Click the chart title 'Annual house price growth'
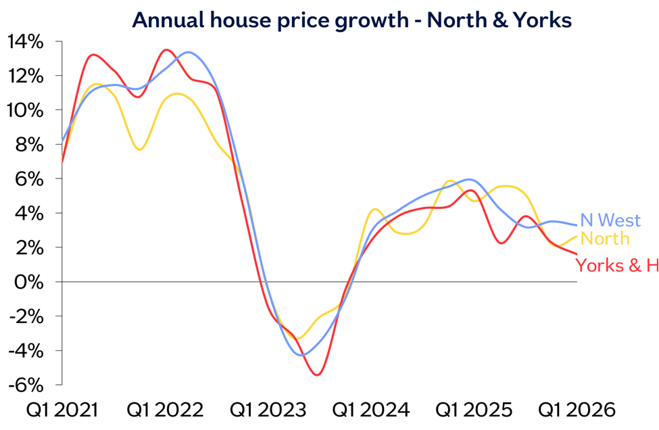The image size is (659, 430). [x=270, y=20]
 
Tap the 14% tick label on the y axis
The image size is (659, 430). [x=25, y=42]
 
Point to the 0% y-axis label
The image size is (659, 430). [x=29, y=282]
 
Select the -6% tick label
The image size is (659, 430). [x=26, y=385]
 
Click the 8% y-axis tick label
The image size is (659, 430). [x=29, y=145]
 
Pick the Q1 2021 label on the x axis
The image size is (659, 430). [x=62, y=410]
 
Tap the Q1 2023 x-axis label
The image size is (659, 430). [x=268, y=410]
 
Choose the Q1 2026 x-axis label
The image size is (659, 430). [x=577, y=410]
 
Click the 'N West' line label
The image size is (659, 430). [x=610, y=220]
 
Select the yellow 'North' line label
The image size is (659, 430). [x=605, y=239]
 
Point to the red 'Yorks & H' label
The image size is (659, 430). [x=616, y=265]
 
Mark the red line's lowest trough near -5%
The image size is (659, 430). [x=317, y=375]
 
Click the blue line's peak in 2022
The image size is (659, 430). [x=188, y=53]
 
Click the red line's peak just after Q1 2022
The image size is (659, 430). [x=167, y=50]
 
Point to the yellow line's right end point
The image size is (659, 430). [x=577, y=236]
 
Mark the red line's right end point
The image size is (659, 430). [x=577, y=254]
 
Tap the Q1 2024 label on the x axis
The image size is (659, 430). [x=371, y=410]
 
